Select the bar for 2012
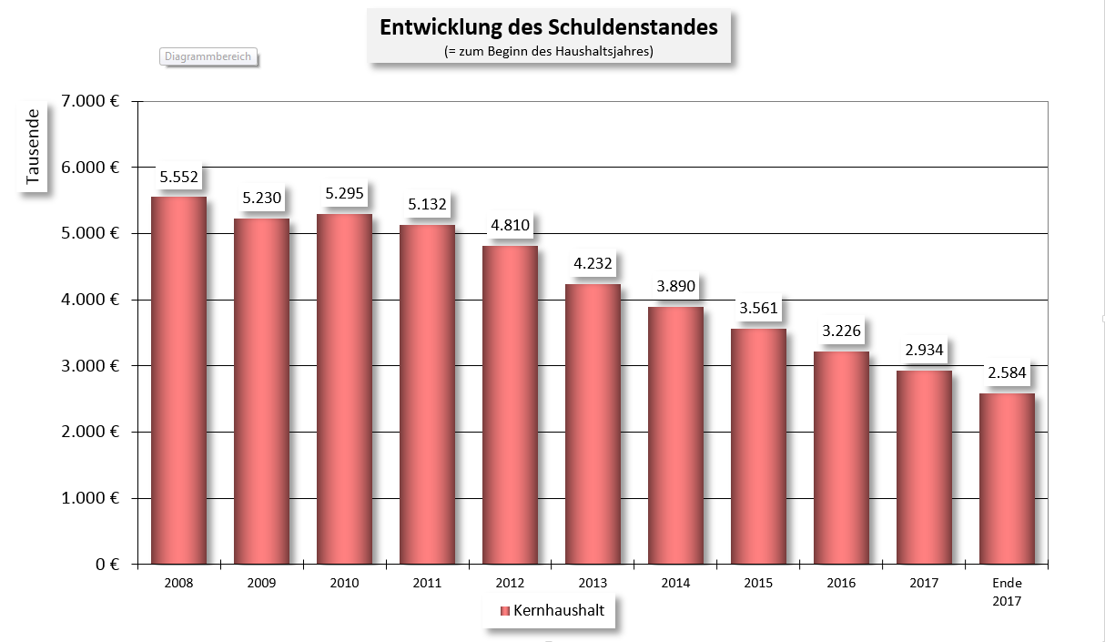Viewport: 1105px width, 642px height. (x=510, y=405)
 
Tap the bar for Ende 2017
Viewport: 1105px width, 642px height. (x=1007, y=479)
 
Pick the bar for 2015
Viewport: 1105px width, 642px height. (x=758, y=446)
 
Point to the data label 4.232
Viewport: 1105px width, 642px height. (x=593, y=264)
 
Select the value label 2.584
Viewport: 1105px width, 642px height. (x=1007, y=373)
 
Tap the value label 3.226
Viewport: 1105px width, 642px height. (x=841, y=331)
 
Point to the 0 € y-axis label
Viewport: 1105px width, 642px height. (x=107, y=565)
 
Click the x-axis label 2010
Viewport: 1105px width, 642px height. (x=344, y=583)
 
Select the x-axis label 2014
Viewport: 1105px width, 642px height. (x=675, y=583)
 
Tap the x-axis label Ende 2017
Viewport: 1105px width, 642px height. (x=1007, y=592)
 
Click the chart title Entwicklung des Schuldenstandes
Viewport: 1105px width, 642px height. (x=548, y=27)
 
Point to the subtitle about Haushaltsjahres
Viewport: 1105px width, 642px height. (x=548, y=52)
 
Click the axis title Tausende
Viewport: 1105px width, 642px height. (x=34, y=148)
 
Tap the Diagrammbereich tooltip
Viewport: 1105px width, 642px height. (x=208, y=56)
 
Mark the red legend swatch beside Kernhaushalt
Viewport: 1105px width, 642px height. (x=505, y=611)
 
